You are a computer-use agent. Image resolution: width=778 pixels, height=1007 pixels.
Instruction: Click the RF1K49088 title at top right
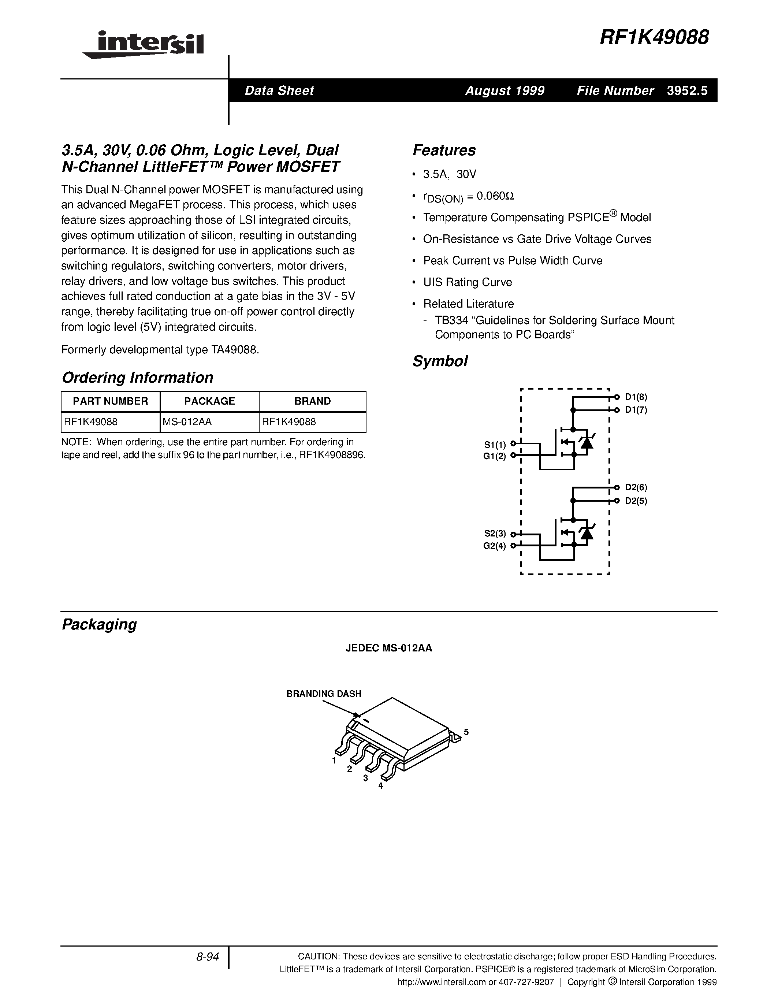point(654,38)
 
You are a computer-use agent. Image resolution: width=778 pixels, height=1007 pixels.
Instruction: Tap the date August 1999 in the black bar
point(505,91)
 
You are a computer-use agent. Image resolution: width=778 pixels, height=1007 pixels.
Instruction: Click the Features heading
point(444,150)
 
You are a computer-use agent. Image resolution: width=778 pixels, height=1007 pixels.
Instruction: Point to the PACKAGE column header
point(209,401)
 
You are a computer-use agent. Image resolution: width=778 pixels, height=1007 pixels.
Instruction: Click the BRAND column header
point(313,401)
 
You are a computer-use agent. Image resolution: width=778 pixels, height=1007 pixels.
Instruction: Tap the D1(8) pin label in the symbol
point(636,397)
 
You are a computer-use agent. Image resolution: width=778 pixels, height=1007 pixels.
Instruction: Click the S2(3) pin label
point(495,534)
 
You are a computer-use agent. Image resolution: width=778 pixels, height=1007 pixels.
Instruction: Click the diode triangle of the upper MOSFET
point(586,443)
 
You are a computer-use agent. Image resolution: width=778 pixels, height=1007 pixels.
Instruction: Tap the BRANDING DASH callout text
point(324,694)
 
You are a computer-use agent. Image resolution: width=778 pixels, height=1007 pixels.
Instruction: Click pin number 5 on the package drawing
point(466,732)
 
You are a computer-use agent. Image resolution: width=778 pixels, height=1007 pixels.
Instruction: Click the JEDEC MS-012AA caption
point(388,648)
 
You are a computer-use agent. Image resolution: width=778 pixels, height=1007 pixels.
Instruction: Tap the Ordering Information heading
point(137,378)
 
